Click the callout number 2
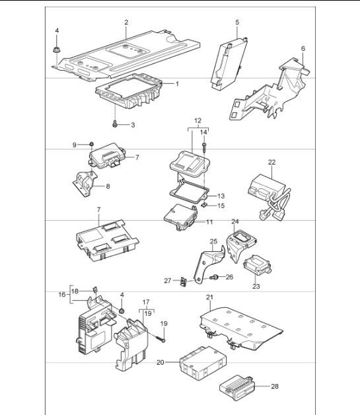pyautogui.click(x=126, y=22)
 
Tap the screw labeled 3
pyautogui.click(x=116, y=124)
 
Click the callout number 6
pyautogui.click(x=303, y=48)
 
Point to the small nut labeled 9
pyautogui.click(x=92, y=144)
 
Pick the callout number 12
pyautogui.click(x=197, y=120)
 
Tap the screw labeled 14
pyautogui.click(x=205, y=146)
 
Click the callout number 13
pyautogui.click(x=221, y=196)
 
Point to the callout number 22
pyautogui.click(x=271, y=162)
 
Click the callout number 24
pyautogui.click(x=234, y=222)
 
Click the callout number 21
pyautogui.click(x=209, y=298)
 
